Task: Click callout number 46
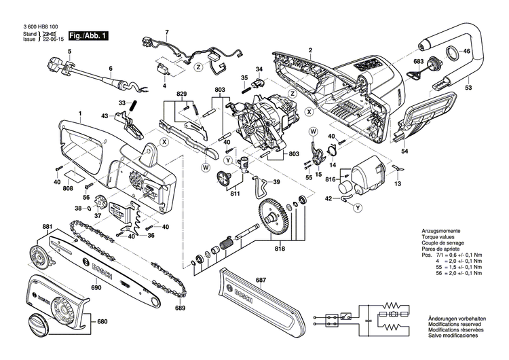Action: point(467,52)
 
